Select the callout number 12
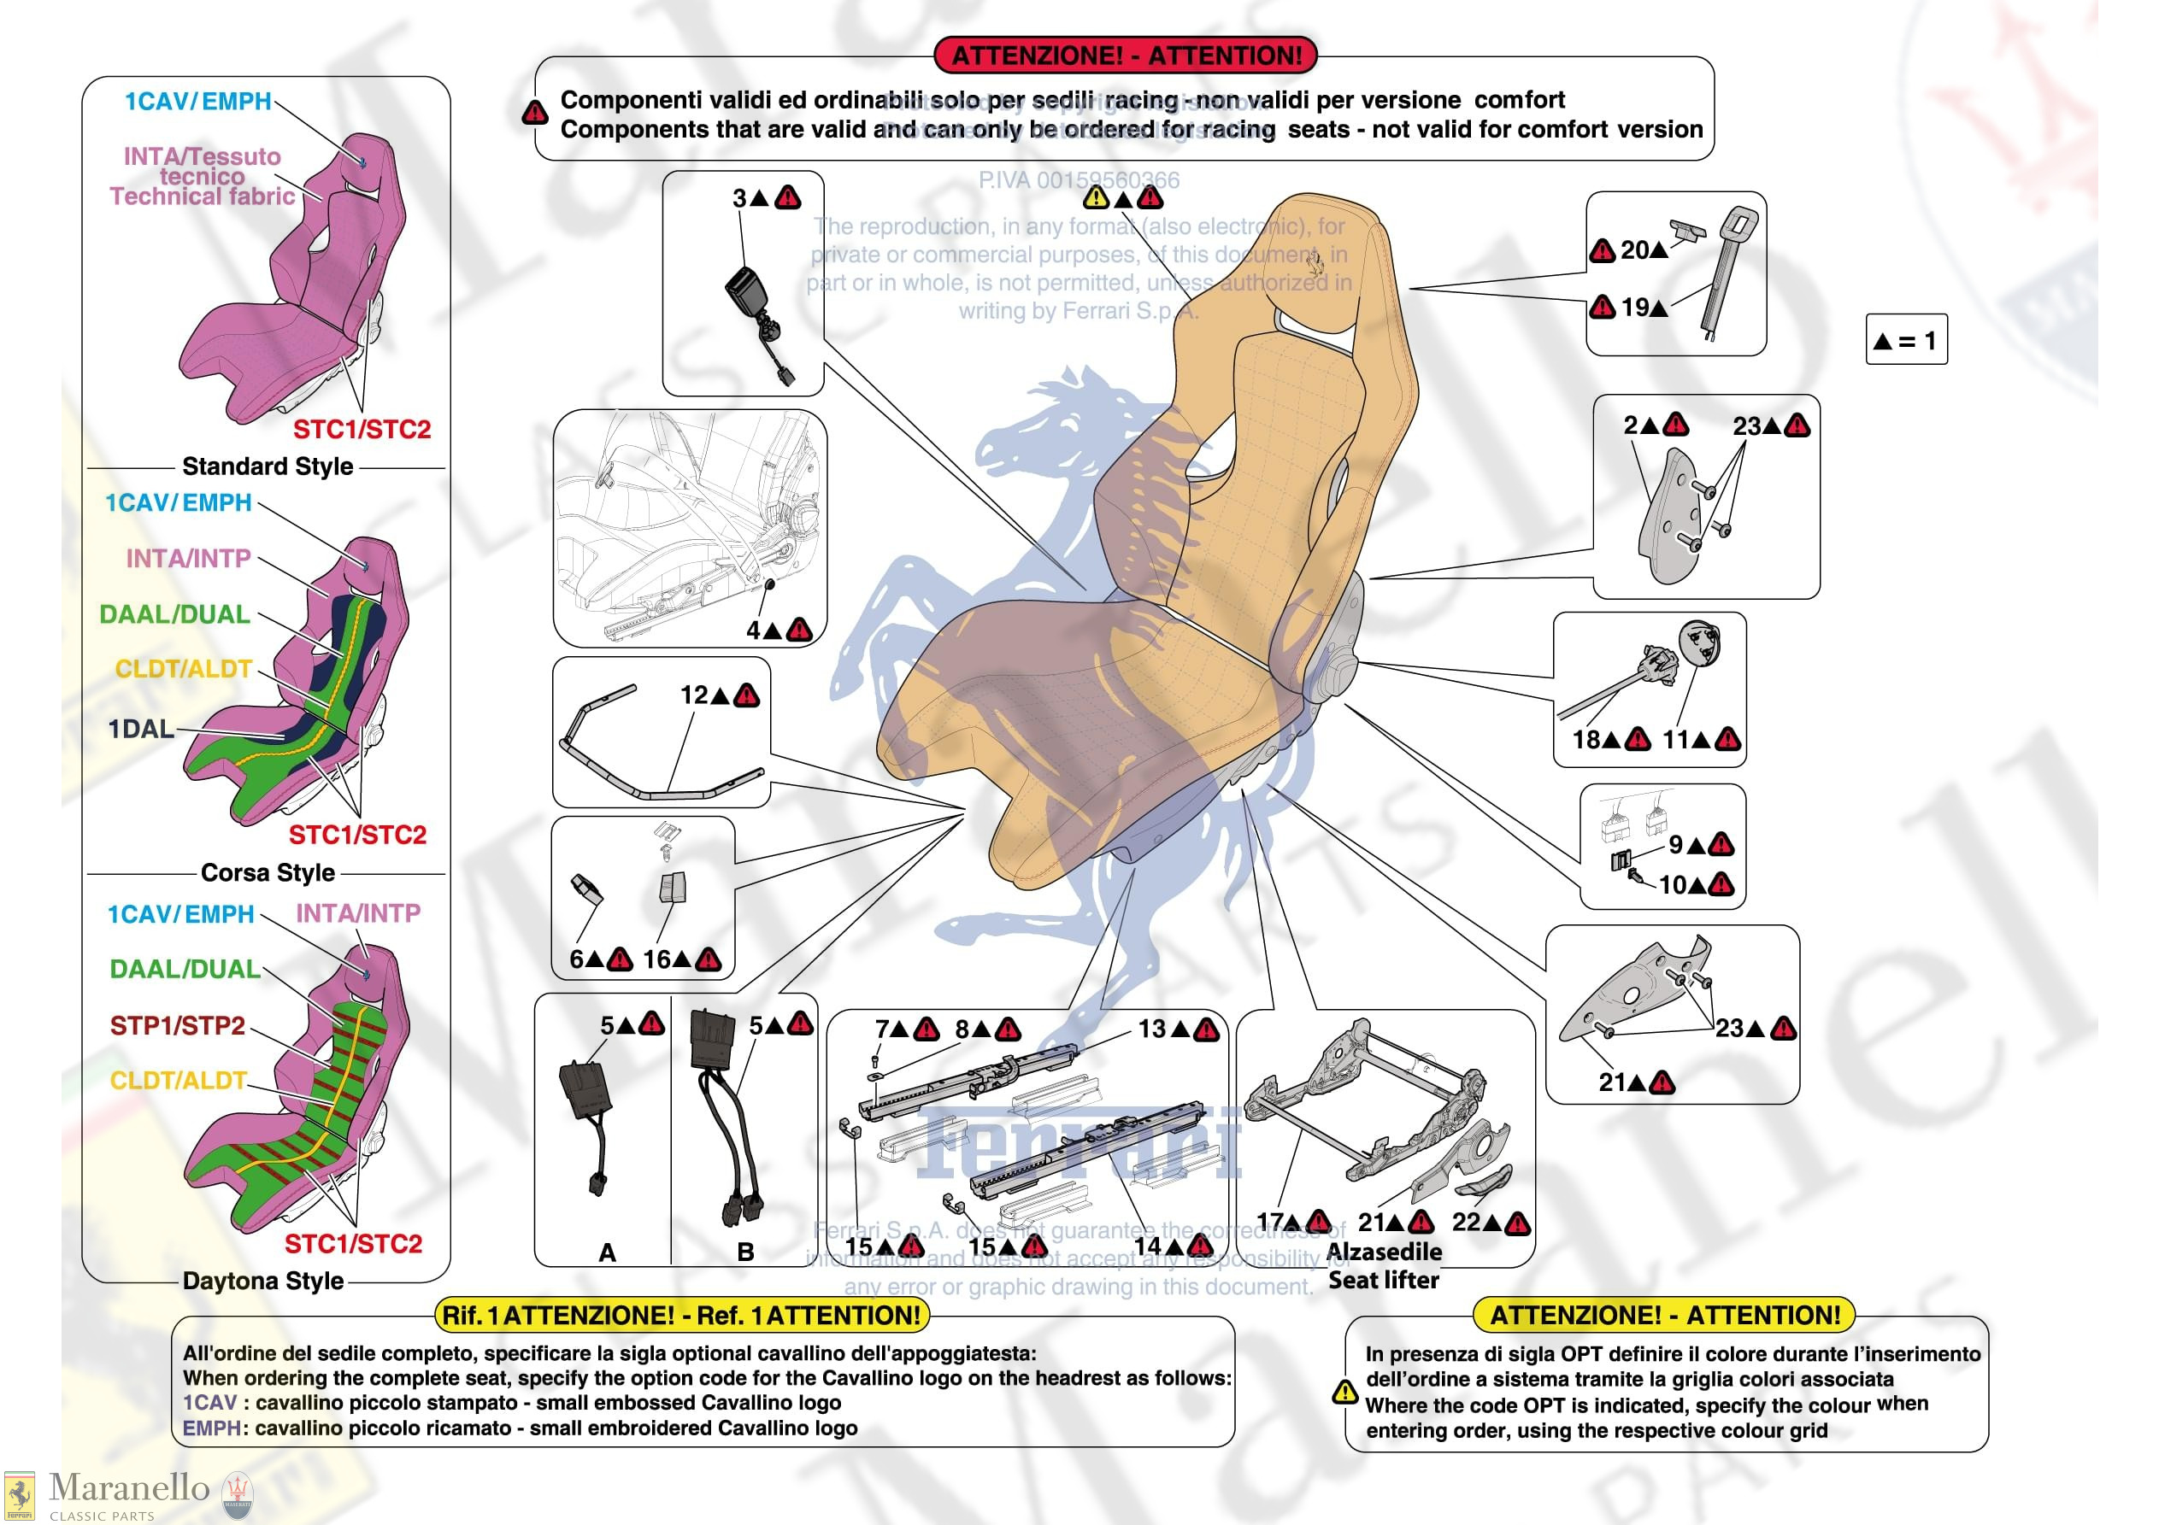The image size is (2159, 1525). (694, 695)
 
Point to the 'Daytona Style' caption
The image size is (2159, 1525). (262, 1281)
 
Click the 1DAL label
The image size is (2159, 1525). (141, 729)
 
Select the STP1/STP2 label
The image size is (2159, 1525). (177, 1025)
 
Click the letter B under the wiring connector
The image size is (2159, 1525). (744, 1252)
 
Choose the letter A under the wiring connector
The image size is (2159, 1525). (608, 1252)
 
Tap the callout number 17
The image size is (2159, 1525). (1270, 1222)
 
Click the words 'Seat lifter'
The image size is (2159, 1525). (1383, 1280)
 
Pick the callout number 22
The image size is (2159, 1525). (1466, 1222)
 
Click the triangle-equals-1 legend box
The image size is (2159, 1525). (1905, 339)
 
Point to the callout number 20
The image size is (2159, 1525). (1633, 250)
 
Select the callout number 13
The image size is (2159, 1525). (1151, 1029)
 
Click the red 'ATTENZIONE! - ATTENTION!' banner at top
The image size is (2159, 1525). (1127, 56)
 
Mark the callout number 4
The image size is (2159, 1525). (753, 630)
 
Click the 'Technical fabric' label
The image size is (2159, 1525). (203, 196)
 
